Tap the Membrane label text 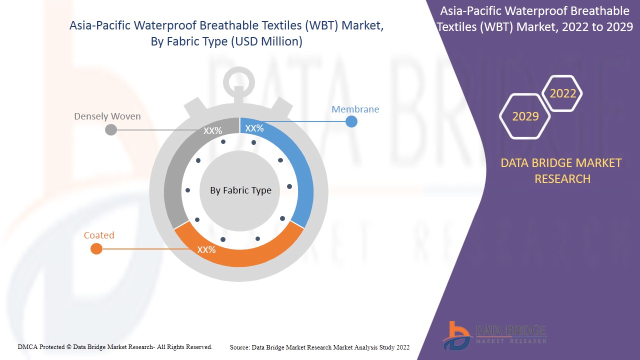coord(355,109)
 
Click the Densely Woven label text coord(107,116)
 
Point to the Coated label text coord(99,235)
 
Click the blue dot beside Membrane coord(351,121)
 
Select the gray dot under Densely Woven coord(111,130)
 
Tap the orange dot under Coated coord(96,248)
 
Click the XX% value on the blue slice coord(254,128)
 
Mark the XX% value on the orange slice coord(206,249)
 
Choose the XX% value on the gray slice coord(212,131)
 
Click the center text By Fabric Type coord(240,190)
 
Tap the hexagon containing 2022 coord(563,93)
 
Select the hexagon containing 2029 coord(525,116)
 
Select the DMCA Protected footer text coord(115,346)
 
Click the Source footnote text coord(319,347)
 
